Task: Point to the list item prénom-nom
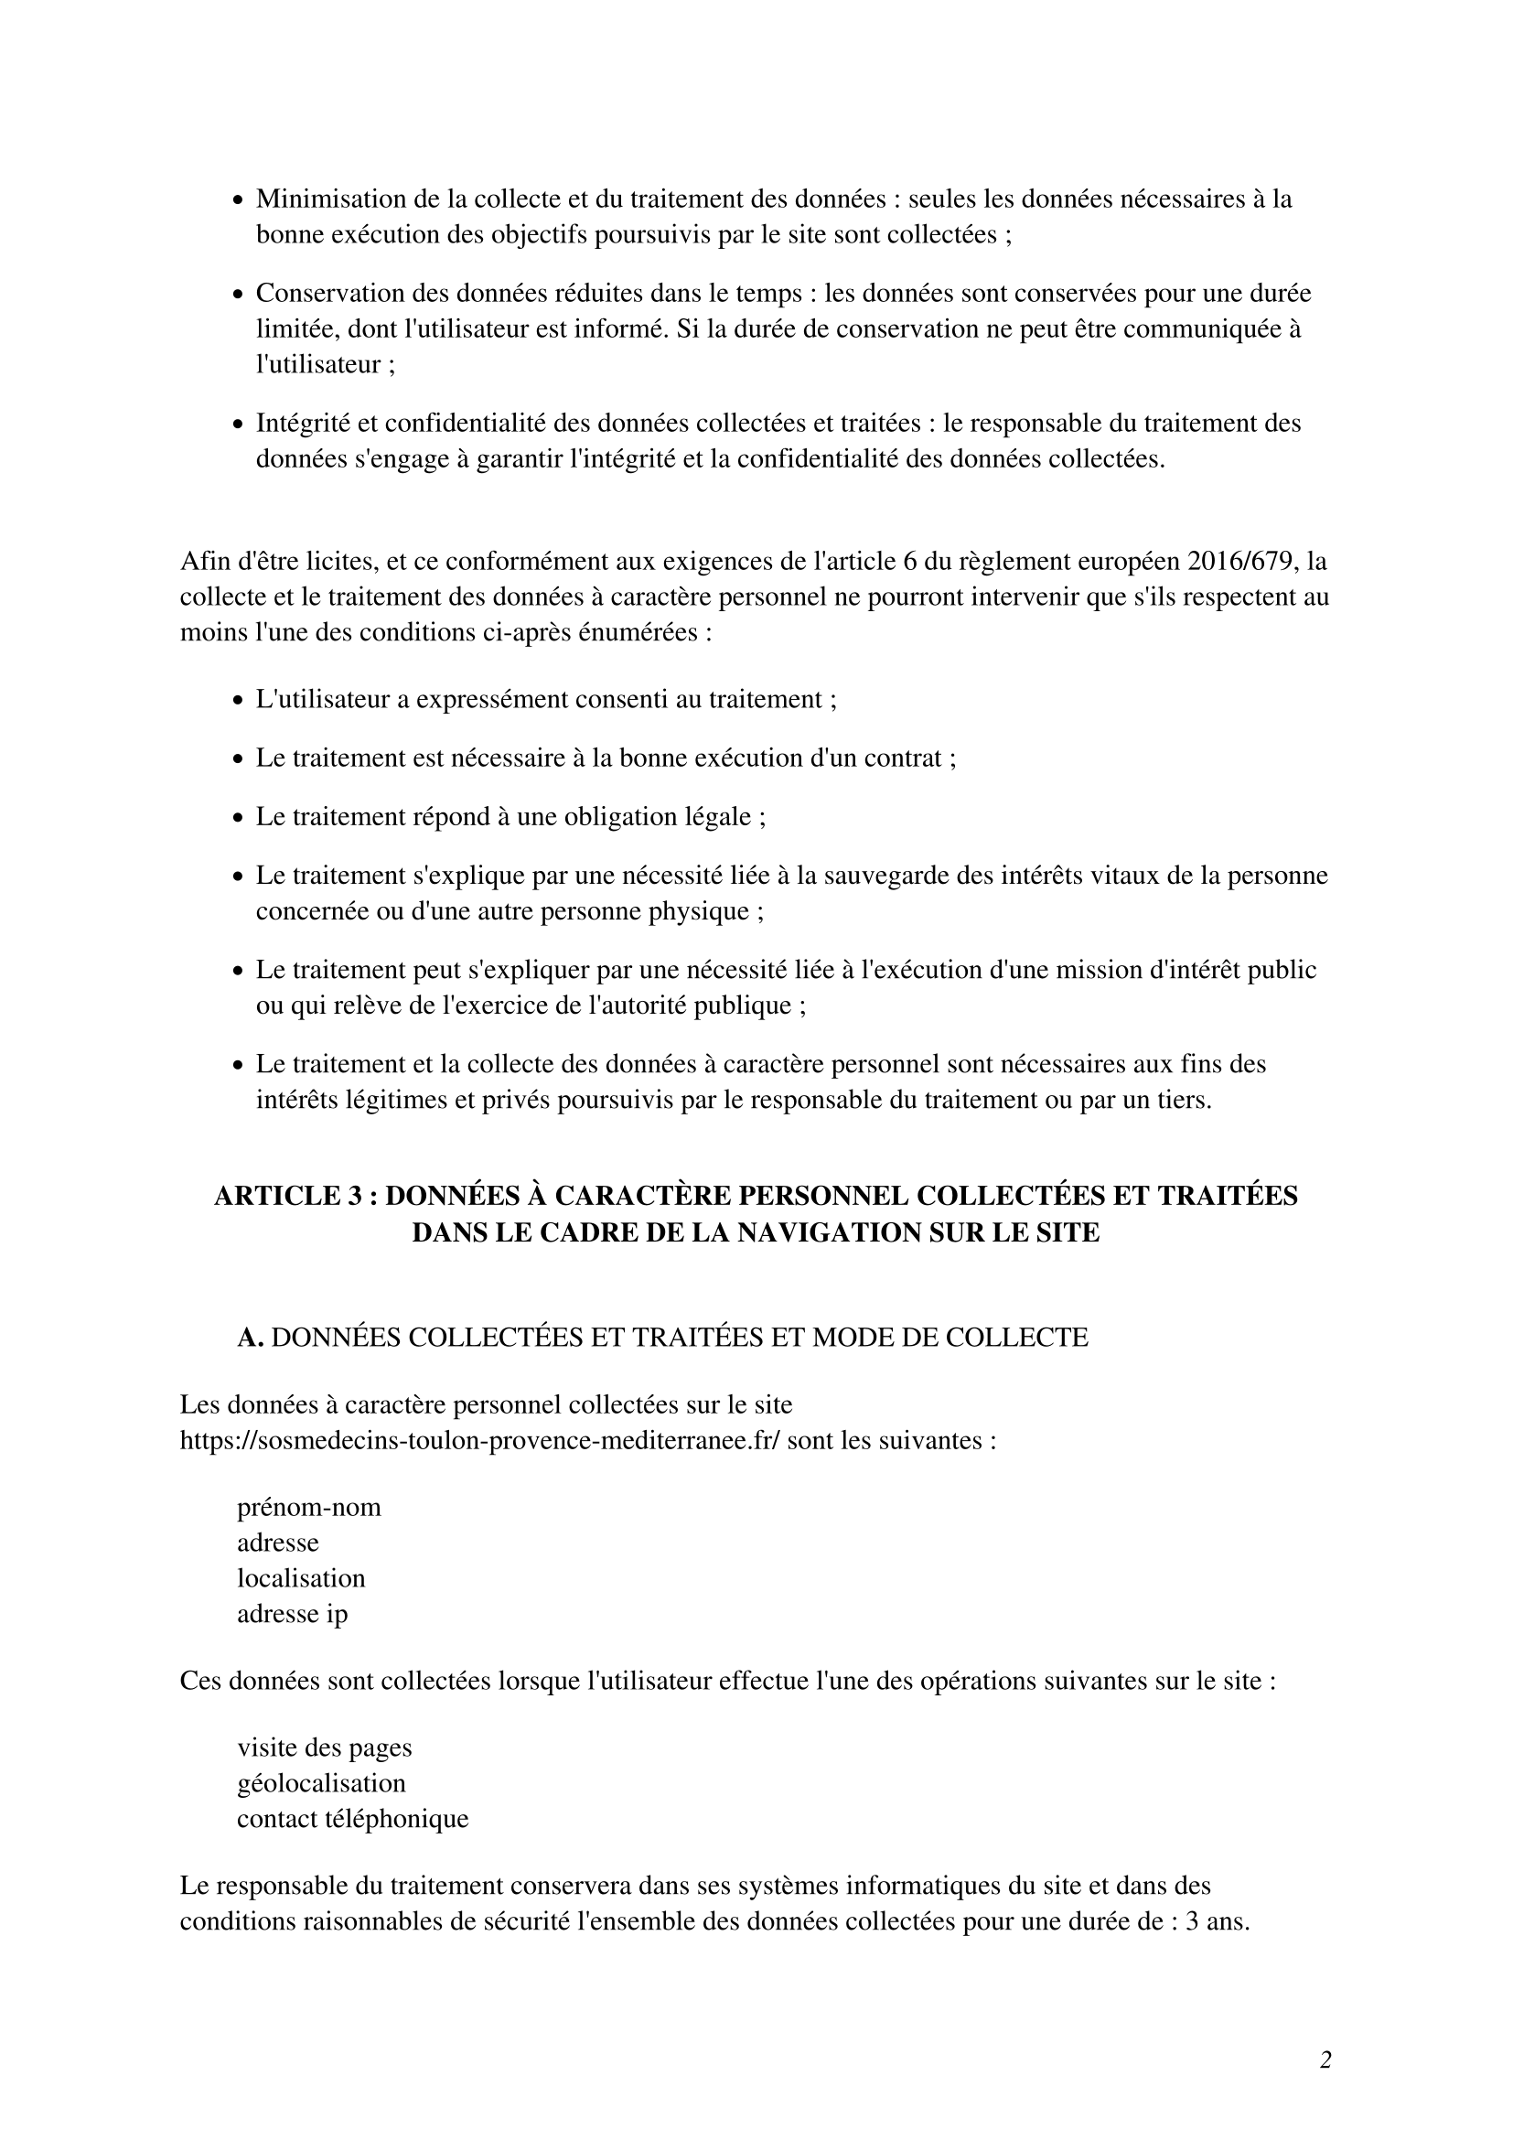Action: pos(308,1507)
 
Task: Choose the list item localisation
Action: pos(301,1578)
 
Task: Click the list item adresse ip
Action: pos(292,1613)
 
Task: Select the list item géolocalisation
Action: pos(321,1783)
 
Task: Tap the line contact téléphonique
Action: pos(352,1819)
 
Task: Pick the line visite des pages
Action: pos(324,1747)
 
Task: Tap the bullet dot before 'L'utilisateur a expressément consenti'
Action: pos(238,700)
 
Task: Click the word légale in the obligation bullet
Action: pos(715,816)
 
